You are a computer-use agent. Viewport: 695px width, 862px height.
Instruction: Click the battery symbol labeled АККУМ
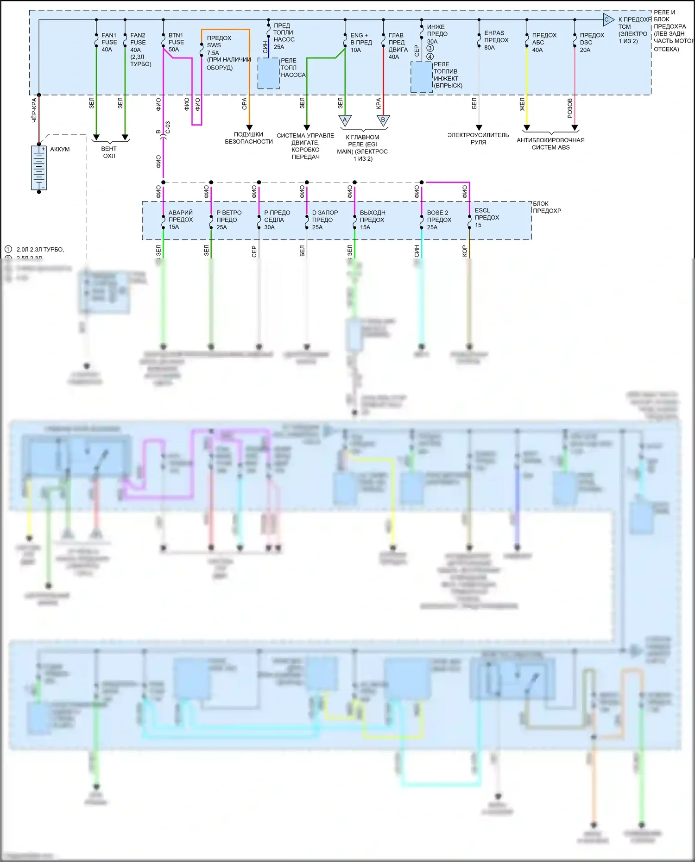click(x=39, y=168)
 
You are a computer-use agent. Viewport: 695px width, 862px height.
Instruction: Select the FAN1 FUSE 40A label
click(x=109, y=42)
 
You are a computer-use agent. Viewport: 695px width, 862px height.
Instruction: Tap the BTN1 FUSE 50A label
click(x=176, y=42)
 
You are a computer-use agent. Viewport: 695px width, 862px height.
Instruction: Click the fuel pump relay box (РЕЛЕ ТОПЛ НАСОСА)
click(x=269, y=73)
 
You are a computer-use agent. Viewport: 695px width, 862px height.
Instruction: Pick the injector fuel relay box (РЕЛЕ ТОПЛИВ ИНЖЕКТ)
click(x=422, y=77)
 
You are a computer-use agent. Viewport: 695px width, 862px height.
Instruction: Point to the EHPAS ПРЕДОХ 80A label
click(x=496, y=40)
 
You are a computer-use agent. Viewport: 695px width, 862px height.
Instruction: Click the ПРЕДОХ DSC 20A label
click(x=592, y=42)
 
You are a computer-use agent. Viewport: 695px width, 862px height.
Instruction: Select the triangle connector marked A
click(x=345, y=120)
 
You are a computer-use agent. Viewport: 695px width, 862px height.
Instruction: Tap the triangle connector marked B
click(x=383, y=120)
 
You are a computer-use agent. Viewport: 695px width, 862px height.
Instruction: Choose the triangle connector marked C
click(x=608, y=20)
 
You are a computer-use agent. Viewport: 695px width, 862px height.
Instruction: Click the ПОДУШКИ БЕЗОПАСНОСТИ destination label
click(x=249, y=138)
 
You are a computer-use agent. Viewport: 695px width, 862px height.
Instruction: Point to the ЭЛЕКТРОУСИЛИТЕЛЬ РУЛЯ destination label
click(x=478, y=138)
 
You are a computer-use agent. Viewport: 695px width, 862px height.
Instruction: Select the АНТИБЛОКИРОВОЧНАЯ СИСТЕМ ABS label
click(x=550, y=144)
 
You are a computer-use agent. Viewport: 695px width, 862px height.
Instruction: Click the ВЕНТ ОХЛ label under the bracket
click(x=109, y=152)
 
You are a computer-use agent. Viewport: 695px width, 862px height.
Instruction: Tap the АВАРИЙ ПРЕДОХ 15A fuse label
click(x=180, y=220)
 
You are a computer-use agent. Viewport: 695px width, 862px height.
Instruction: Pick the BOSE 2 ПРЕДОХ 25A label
click(x=439, y=220)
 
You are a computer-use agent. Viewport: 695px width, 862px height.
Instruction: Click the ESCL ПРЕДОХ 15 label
click(x=486, y=217)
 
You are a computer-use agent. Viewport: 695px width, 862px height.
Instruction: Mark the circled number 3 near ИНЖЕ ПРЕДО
click(x=430, y=49)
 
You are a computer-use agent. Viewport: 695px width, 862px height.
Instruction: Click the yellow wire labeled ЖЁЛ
click(x=527, y=88)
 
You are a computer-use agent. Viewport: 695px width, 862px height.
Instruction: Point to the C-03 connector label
click(x=168, y=127)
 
